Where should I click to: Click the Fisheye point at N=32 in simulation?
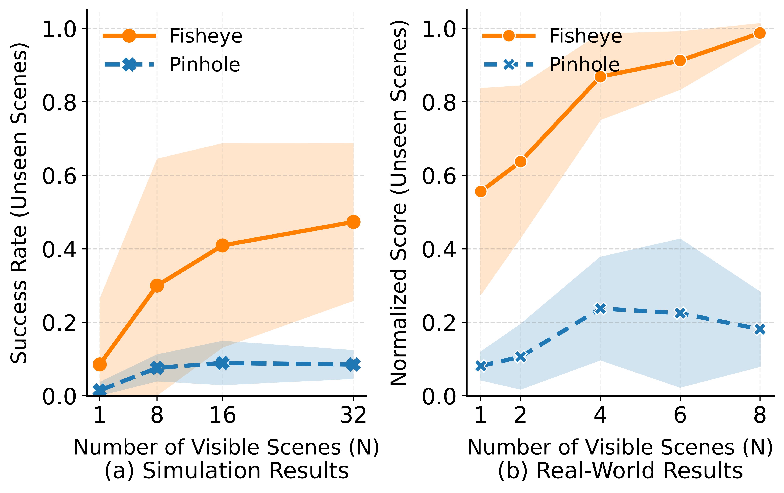[x=353, y=222]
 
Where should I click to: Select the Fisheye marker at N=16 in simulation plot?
[x=222, y=245]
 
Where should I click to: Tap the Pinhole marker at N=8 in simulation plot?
[x=157, y=368]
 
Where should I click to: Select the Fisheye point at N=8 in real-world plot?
[x=760, y=33]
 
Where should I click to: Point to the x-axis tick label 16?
[x=222, y=416]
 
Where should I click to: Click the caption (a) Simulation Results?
[x=227, y=471]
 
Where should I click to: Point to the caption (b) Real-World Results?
[x=620, y=471]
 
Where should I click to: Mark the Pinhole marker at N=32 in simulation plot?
[x=353, y=364]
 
